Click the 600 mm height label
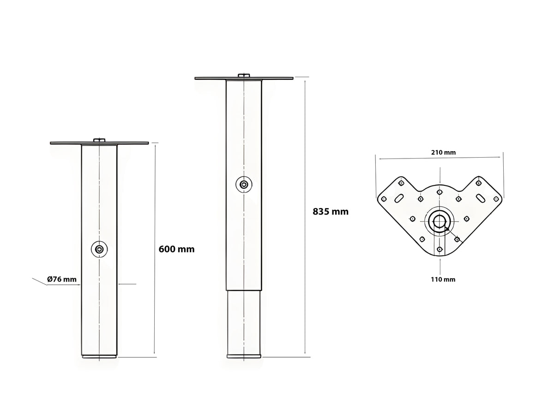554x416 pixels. tap(176, 249)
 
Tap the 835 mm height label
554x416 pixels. tap(331, 211)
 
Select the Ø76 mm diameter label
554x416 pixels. tap(62, 279)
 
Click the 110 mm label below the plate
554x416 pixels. tap(443, 279)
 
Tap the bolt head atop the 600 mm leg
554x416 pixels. tap(99, 140)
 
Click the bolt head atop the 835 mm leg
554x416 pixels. tap(244, 75)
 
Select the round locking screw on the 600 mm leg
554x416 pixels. tap(99, 249)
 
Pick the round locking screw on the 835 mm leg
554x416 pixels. tap(244, 184)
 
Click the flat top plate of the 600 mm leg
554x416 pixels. tap(99, 143)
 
